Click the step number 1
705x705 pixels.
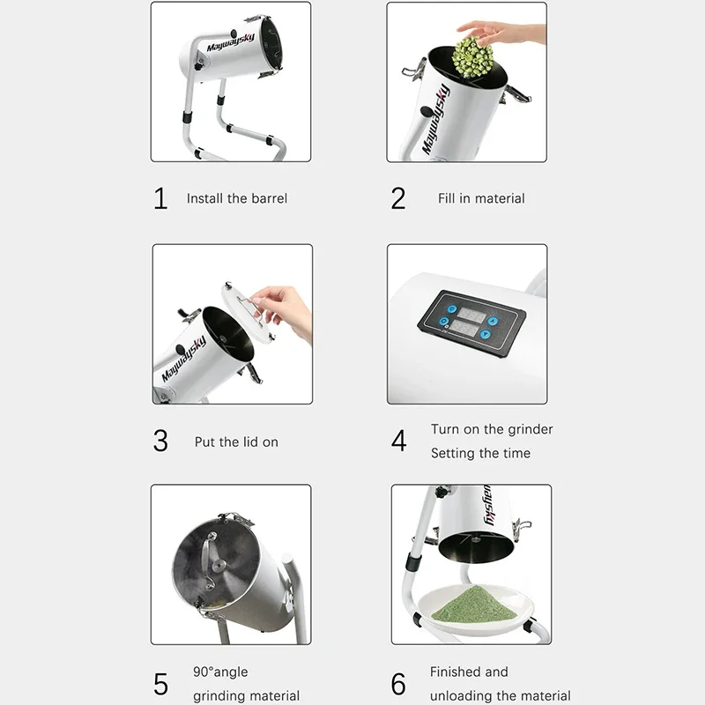click(x=160, y=199)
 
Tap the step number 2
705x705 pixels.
click(x=398, y=199)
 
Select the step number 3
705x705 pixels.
click(x=160, y=441)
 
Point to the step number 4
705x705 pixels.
click(x=399, y=441)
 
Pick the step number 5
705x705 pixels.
click(x=160, y=684)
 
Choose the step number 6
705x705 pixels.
click(x=398, y=684)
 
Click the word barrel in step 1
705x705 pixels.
click(x=269, y=198)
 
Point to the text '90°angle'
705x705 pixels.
click(x=220, y=672)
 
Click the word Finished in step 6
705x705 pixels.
click(x=456, y=672)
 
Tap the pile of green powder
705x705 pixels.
click(x=473, y=605)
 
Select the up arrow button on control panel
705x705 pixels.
click(x=493, y=321)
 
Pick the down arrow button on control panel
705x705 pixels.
click(x=486, y=334)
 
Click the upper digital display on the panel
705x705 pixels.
click(x=471, y=315)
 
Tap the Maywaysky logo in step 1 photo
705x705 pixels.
click(x=231, y=42)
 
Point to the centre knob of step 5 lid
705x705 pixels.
click(x=219, y=565)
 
